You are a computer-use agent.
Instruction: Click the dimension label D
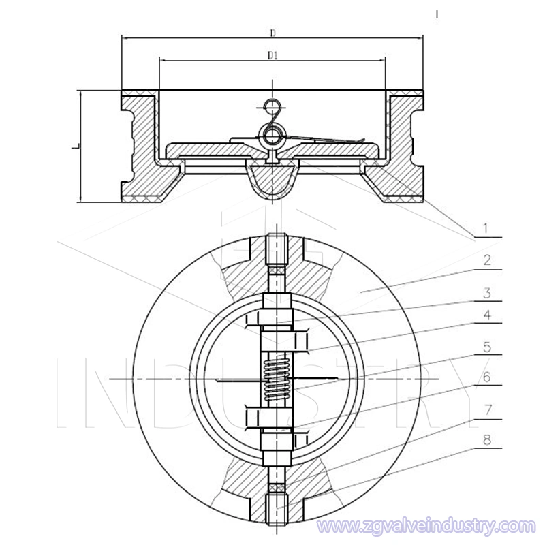272,32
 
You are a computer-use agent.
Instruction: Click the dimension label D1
272,54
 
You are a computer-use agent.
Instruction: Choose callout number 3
487,293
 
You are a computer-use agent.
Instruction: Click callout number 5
487,347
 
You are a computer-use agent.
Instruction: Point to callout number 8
487,440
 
